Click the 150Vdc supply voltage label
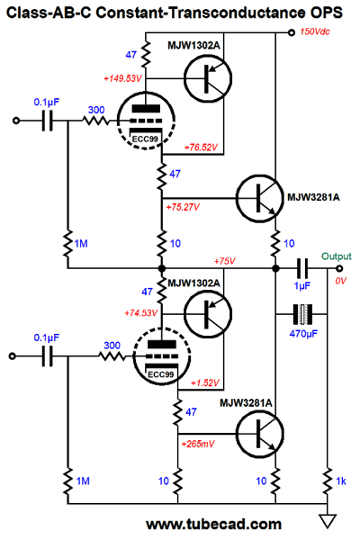(x=314, y=31)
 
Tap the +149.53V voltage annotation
(x=122, y=78)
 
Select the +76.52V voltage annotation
(x=201, y=148)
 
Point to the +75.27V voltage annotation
(x=183, y=207)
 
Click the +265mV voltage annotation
(x=198, y=444)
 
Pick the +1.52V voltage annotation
(x=205, y=383)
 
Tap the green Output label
(x=337, y=256)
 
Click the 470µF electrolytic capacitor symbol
(x=302, y=314)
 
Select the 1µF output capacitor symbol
(x=302, y=268)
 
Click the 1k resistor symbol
(x=328, y=481)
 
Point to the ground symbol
(x=328, y=521)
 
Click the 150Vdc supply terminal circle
(x=292, y=32)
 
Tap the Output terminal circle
(x=339, y=268)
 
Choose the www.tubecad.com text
(x=213, y=524)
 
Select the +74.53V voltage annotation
(x=140, y=313)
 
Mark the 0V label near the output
(x=340, y=281)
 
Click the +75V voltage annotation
(x=225, y=261)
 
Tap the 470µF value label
(x=303, y=334)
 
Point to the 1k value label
(x=341, y=481)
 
